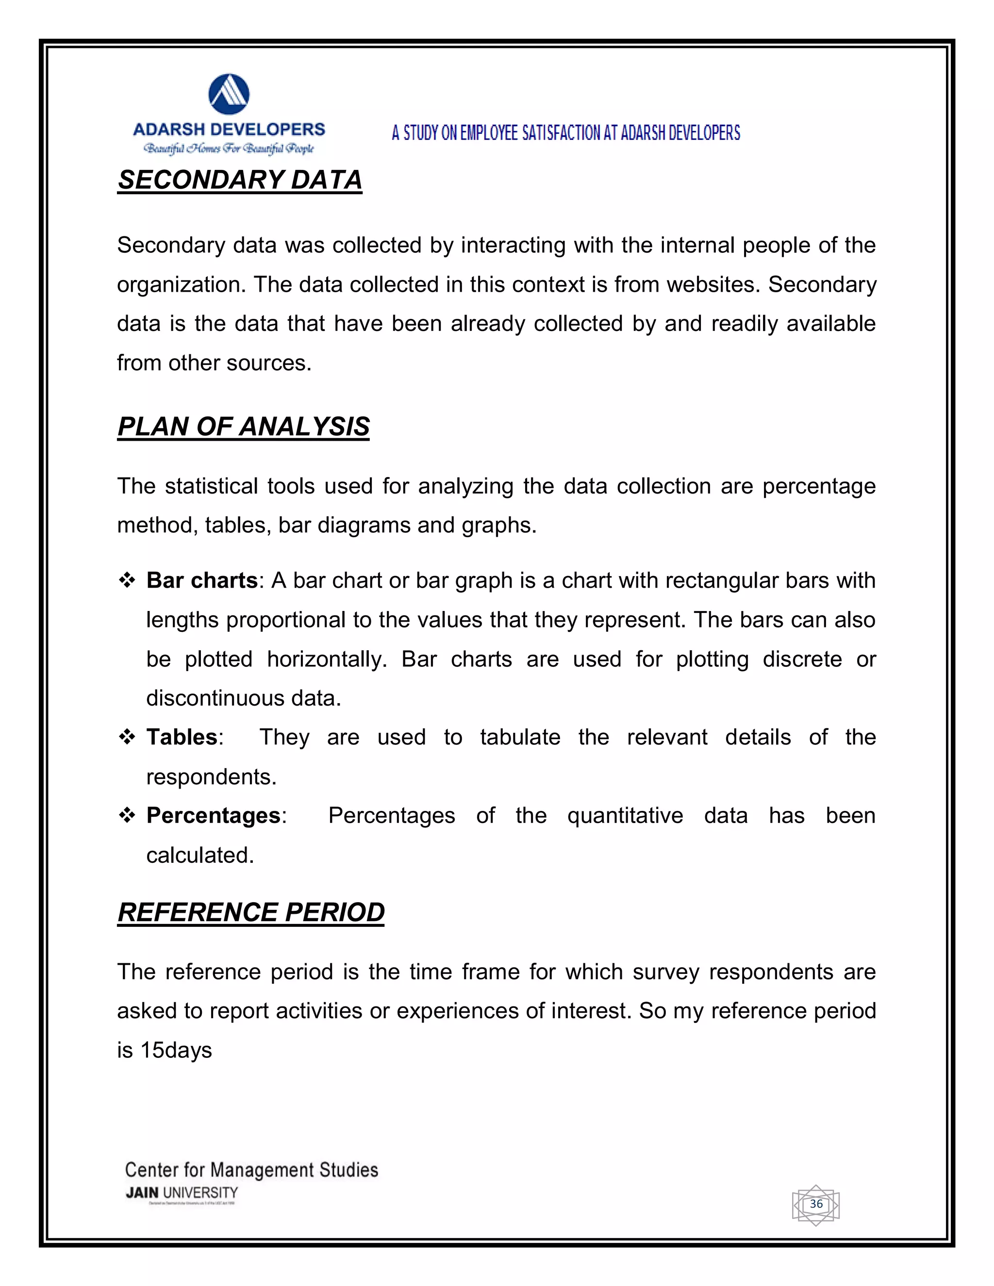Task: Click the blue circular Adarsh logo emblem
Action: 229,94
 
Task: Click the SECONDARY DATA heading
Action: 240,180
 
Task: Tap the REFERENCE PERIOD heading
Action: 251,912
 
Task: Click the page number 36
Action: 815,1204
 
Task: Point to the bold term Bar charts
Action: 201,580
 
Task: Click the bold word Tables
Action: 182,737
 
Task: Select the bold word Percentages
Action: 213,816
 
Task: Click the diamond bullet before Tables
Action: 127,737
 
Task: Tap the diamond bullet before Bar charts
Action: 127,580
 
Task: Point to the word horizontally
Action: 326,659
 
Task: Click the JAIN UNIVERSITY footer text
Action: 182,1193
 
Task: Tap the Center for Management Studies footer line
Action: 251,1170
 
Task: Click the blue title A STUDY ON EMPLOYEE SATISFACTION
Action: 565,133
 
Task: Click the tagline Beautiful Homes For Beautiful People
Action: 229,148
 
